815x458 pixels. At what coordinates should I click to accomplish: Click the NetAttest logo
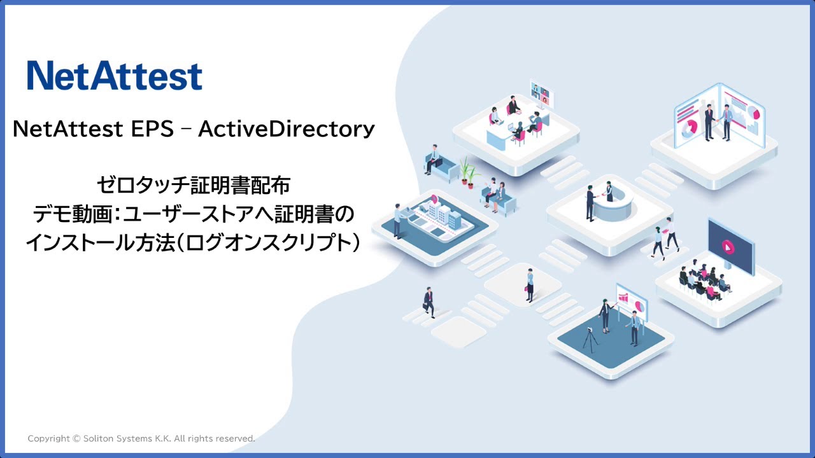pos(115,76)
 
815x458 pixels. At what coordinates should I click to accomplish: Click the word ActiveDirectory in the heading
pos(286,129)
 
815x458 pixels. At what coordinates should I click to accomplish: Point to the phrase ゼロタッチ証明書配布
pos(194,186)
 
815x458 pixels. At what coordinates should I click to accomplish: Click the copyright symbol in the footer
pos(76,439)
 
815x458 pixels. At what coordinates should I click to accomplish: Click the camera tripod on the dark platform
pos(591,340)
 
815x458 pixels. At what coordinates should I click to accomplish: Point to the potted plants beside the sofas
pos(468,172)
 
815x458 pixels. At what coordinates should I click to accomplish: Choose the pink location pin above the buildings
pos(434,198)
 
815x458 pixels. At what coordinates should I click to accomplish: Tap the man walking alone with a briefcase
pos(429,302)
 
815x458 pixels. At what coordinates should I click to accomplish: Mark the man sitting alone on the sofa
pos(434,159)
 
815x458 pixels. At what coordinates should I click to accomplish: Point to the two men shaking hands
pos(717,122)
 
